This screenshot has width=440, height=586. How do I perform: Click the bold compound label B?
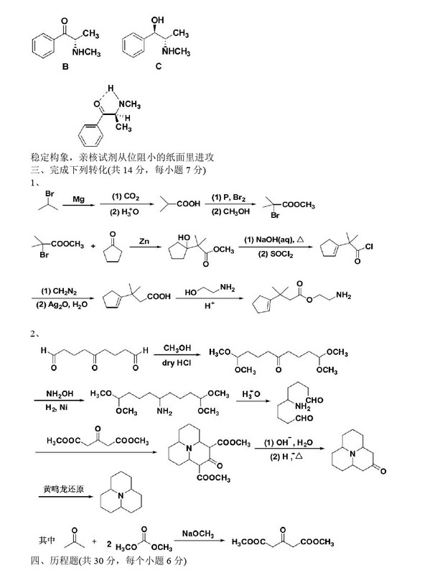point(65,65)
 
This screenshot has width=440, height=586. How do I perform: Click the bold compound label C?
point(158,65)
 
